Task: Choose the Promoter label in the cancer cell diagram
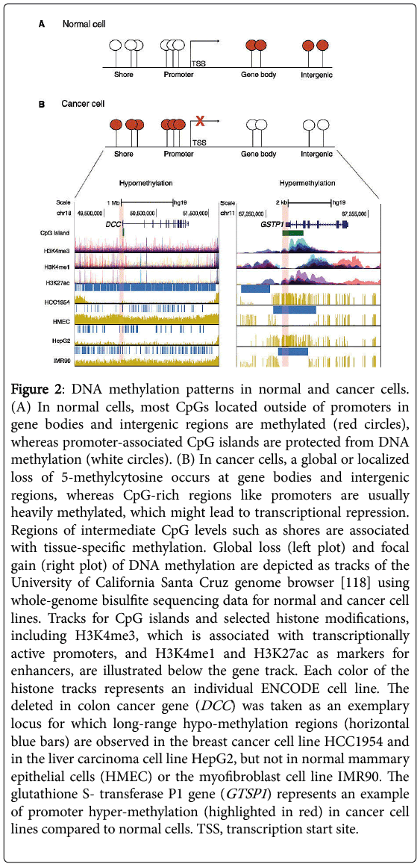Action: [176, 154]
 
